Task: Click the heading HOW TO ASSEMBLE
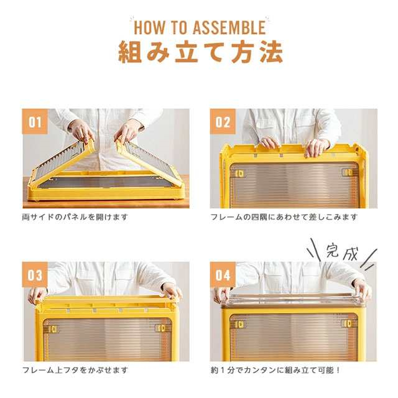coord(200,27)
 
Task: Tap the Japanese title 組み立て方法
coord(200,52)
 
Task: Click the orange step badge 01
coord(35,122)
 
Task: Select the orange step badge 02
coord(223,122)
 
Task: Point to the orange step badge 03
coord(35,275)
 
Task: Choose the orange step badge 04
coord(223,275)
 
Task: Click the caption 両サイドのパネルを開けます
coord(75,217)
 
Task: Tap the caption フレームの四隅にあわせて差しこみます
coord(284,217)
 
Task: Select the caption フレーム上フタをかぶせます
coord(75,370)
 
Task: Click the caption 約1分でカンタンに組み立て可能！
coord(275,370)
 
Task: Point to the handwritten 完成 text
coord(341,252)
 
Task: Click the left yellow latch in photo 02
coord(239,174)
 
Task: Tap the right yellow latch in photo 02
coord(348,173)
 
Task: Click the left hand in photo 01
coord(81,131)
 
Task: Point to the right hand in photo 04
coord(363,289)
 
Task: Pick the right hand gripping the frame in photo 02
coord(317,148)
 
